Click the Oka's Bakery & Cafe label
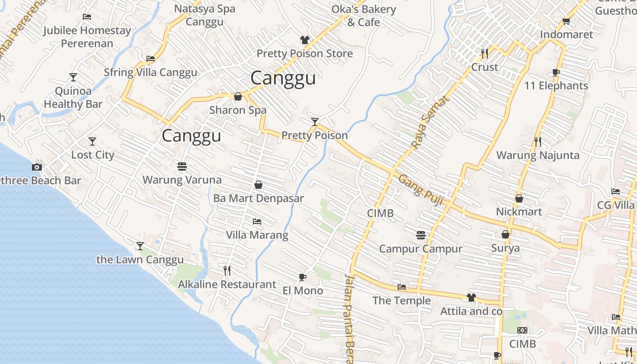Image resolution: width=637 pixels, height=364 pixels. (364, 15)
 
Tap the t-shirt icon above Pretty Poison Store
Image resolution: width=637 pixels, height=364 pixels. (304, 40)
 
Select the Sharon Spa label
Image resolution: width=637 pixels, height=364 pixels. (238, 110)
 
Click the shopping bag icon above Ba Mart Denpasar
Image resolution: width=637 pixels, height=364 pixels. (258, 185)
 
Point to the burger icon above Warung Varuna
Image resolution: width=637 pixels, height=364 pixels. (182, 166)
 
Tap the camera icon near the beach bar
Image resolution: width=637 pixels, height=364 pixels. (37, 167)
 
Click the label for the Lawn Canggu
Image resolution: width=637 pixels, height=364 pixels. (140, 260)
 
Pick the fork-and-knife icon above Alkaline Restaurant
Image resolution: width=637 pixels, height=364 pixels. (227, 271)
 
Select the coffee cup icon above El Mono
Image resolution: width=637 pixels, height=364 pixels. (302, 277)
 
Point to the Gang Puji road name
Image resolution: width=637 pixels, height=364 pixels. (421, 189)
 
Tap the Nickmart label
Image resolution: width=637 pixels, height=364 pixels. (519, 212)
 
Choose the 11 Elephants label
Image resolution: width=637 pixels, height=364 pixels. (556, 86)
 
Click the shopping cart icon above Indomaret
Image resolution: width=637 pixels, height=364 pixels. (566, 21)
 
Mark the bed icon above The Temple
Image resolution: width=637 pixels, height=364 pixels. (401, 287)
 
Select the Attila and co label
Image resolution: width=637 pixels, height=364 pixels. (471, 311)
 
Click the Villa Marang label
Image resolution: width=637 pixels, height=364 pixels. (257, 235)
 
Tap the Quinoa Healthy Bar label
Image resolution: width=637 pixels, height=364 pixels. (73, 97)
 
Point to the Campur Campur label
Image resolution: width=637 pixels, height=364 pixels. (420, 248)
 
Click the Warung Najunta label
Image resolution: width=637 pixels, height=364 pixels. (537, 155)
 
